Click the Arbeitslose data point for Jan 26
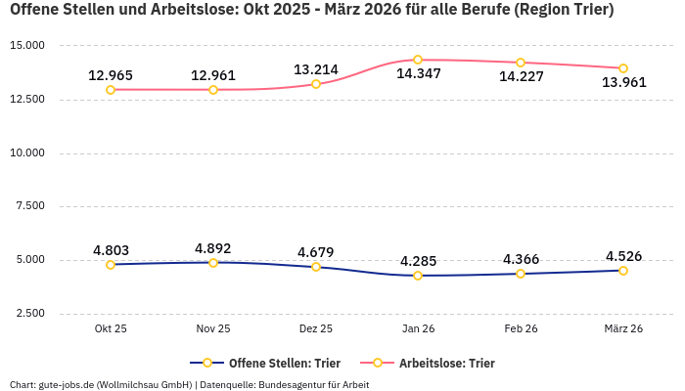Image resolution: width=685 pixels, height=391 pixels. (418, 60)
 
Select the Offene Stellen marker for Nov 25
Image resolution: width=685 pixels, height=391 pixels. (213, 262)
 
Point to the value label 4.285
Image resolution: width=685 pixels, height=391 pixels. (418, 261)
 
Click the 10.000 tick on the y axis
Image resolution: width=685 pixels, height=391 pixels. (26, 153)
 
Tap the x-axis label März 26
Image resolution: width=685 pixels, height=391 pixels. (623, 329)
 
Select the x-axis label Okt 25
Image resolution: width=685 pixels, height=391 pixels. (111, 329)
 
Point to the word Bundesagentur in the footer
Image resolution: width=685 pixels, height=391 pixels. (295, 385)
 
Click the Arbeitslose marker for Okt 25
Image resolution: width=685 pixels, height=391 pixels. (111, 90)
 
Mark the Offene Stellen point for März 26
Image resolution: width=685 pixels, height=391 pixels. (623, 271)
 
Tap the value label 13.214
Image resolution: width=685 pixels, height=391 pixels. (316, 69)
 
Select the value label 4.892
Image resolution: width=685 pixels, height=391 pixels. (213, 248)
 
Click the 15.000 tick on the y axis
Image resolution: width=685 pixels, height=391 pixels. (26, 46)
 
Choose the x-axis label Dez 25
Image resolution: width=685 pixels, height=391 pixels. (316, 329)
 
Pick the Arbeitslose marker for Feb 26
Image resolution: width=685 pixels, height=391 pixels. (521, 63)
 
